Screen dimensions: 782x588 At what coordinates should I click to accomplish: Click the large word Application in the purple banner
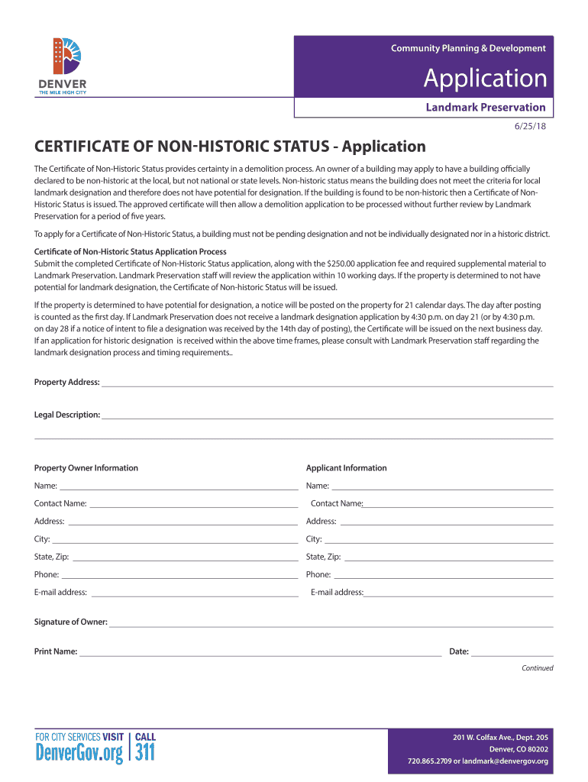[485, 78]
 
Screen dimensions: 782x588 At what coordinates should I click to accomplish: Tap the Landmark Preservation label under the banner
[485, 107]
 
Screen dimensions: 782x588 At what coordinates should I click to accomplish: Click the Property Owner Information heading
[86, 468]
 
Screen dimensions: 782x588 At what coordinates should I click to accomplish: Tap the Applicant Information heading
[346, 468]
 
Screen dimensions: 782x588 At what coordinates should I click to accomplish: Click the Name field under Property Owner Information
[179, 486]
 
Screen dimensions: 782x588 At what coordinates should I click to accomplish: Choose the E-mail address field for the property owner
[194, 593]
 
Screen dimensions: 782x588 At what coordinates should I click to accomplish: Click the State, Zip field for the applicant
[448, 557]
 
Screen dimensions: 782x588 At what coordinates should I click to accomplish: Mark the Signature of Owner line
[331, 623]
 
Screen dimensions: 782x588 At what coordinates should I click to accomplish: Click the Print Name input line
[260, 652]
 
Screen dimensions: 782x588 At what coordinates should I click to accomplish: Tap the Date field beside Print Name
[512, 652]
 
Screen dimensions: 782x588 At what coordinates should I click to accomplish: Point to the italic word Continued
[537, 668]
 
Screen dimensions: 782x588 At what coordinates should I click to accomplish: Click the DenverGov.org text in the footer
[79, 755]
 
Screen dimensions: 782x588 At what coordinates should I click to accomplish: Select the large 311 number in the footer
[145, 755]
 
